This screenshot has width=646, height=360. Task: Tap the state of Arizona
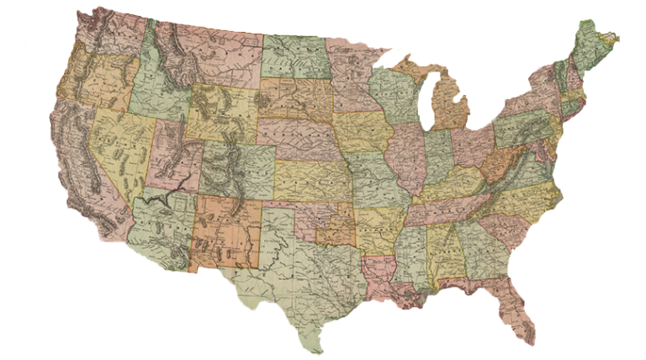164,227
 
